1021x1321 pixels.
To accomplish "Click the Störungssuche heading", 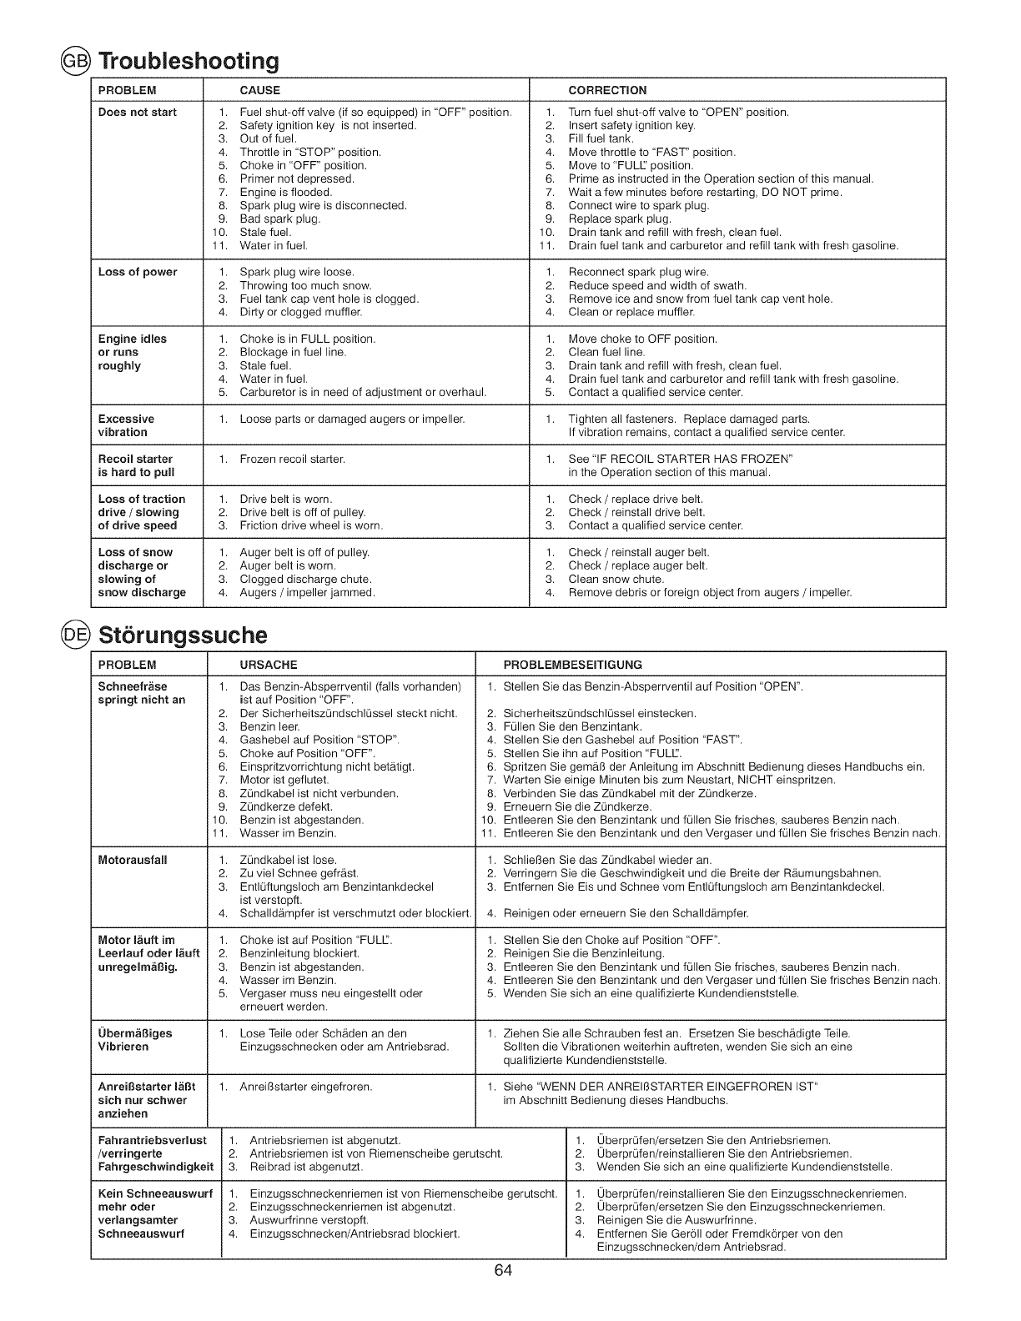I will click(183, 635).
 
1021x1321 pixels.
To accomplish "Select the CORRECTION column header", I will click(606, 90).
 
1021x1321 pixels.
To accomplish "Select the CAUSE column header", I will click(259, 90).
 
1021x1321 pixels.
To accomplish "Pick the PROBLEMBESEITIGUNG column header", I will click(572, 665).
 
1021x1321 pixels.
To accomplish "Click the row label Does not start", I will click(138, 113).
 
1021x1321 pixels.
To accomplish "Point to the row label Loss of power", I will click(138, 272).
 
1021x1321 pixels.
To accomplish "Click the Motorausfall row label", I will click(133, 860).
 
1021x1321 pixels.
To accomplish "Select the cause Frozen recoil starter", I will click(292, 459).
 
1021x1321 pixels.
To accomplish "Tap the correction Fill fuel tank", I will click(601, 138).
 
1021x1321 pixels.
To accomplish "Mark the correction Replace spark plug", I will click(619, 218).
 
